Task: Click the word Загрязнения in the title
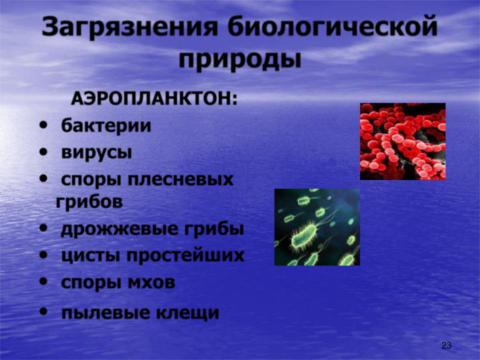point(129,27)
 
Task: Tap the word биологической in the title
point(332,27)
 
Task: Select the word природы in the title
point(239,59)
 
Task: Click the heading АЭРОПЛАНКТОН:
point(154,99)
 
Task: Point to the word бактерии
point(106,125)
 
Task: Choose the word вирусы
point(96,152)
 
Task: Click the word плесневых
point(180,179)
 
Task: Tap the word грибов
point(89,202)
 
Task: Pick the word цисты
point(90,256)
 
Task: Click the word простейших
point(185,255)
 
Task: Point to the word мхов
point(151,282)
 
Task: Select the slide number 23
point(446,345)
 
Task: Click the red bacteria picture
point(402,141)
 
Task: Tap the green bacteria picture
point(317,227)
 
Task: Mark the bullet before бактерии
point(44,125)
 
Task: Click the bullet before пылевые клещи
point(44,311)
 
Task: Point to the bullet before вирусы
point(44,151)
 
